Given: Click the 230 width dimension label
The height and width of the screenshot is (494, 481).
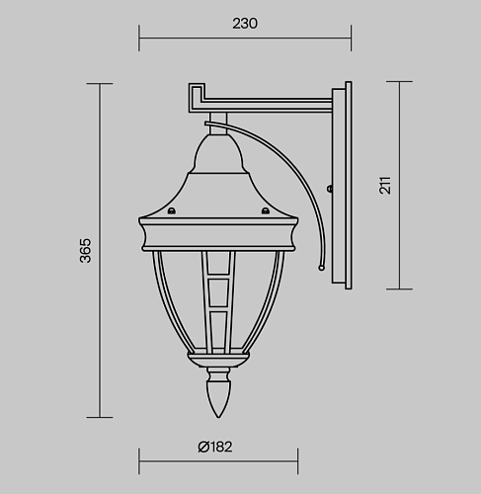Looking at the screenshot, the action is pyautogui.click(x=245, y=24).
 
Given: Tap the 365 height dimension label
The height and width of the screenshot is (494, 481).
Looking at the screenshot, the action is pyautogui.click(x=86, y=251).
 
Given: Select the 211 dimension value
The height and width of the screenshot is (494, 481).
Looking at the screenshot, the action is pyautogui.click(x=385, y=186).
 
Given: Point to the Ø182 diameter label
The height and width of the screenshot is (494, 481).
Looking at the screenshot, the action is pyautogui.click(x=215, y=447).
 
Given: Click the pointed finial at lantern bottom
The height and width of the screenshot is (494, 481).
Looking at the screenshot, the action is pyautogui.click(x=218, y=399).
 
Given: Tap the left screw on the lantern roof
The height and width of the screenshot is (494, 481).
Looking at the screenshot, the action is pyautogui.click(x=172, y=210).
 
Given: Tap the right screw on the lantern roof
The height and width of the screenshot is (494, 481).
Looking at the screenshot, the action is pyautogui.click(x=266, y=210).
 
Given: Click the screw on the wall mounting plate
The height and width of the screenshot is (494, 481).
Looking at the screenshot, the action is pyautogui.click(x=329, y=189).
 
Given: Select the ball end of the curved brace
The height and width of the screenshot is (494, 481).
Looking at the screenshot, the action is pyautogui.click(x=321, y=268).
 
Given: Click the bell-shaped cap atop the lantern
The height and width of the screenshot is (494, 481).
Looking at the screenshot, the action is pyautogui.click(x=218, y=153).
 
